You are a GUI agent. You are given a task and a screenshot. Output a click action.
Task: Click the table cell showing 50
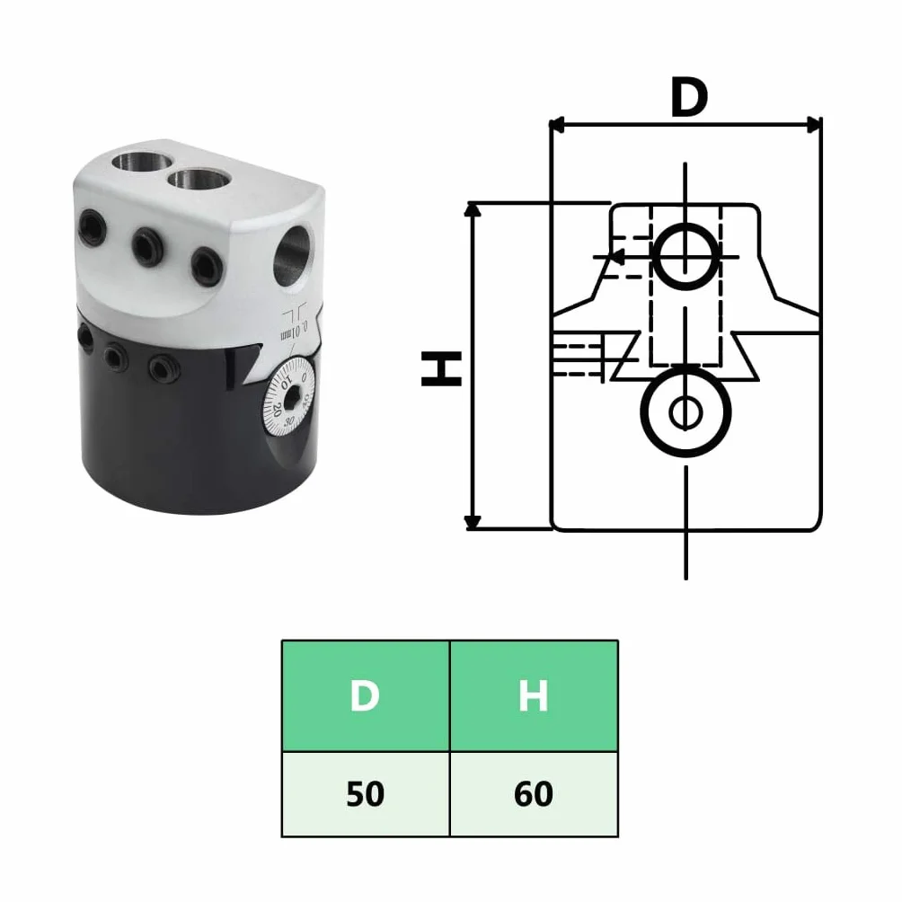tap(366, 794)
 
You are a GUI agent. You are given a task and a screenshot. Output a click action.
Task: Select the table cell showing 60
tap(534, 794)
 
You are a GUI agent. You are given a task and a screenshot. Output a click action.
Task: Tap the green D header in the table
tap(366, 696)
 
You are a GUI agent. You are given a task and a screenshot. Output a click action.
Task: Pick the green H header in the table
tap(534, 696)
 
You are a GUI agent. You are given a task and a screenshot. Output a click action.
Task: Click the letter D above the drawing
tap(688, 97)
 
